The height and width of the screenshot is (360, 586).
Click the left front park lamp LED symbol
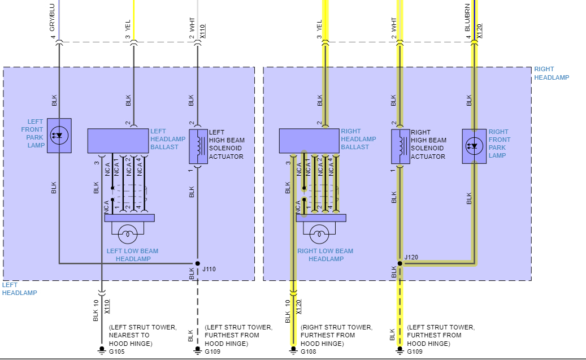59,135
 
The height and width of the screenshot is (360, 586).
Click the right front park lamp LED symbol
474,146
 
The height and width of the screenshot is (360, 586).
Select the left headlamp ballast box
118,141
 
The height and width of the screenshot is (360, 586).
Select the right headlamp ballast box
310,141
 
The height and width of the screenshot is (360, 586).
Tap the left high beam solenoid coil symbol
198,146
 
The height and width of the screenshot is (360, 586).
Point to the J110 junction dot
197,263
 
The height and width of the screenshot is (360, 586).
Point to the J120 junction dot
400,263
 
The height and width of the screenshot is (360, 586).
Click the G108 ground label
309,352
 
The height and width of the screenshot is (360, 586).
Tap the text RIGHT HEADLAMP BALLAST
358,139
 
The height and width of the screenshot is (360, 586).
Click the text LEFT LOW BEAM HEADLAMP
133,255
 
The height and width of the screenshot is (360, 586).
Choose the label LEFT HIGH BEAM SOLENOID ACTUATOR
226,144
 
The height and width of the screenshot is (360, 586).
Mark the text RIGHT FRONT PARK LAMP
500,144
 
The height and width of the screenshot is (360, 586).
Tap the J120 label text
411,258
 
